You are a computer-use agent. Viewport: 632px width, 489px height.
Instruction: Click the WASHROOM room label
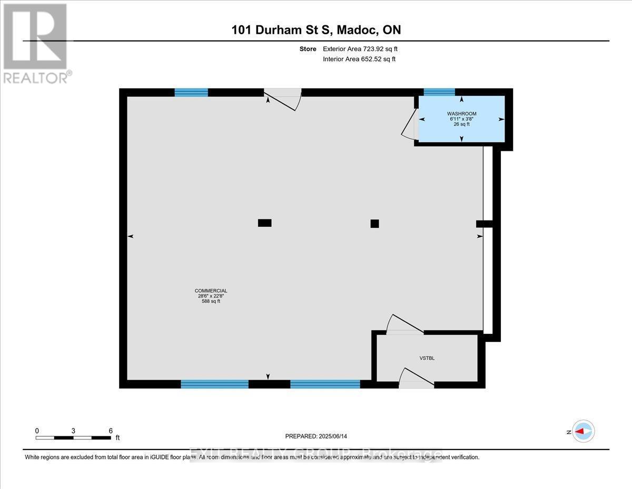coord(462,113)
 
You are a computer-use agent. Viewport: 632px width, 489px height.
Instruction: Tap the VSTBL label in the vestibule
coord(427,358)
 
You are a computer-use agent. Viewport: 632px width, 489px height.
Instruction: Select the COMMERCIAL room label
coord(211,291)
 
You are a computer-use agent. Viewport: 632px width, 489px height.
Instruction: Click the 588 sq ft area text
coord(211,302)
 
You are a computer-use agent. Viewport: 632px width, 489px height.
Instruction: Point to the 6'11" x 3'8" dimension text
coord(462,119)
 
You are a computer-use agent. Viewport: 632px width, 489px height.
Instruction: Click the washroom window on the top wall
coord(439,92)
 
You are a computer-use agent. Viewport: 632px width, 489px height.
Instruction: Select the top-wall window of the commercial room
coord(191,92)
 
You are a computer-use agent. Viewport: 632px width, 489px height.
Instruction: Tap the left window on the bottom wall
coord(214,384)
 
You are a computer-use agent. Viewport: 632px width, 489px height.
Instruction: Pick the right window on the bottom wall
coord(325,384)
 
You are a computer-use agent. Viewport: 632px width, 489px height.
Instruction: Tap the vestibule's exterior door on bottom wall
coord(416,379)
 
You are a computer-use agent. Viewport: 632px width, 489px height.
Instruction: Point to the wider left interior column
coord(264,223)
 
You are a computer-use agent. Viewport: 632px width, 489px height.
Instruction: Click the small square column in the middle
coord(374,223)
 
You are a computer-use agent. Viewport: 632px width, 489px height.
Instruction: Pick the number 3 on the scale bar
coord(73,430)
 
